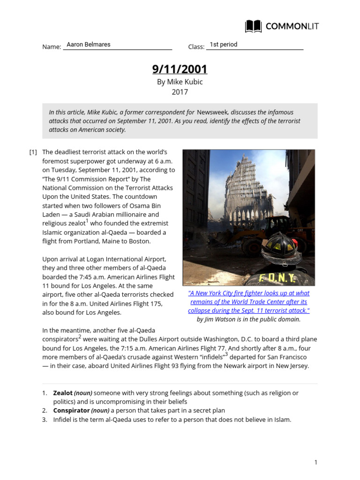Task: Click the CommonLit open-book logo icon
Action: point(254,26)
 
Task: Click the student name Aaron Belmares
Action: point(89,45)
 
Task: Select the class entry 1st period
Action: point(223,45)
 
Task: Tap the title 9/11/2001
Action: point(180,69)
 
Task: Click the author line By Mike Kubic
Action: point(180,82)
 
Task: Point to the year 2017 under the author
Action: point(180,92)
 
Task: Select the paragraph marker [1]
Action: point(33,152)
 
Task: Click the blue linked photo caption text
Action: point(248,302)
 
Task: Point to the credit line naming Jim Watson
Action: point(248,319)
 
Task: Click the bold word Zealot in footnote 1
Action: point(63,393)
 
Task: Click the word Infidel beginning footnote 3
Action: point(62,420)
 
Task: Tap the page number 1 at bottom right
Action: point(316,463)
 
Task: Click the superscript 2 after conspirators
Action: point(80,337)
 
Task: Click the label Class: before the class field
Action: point(196,47)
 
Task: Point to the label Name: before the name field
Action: point(52,47)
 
